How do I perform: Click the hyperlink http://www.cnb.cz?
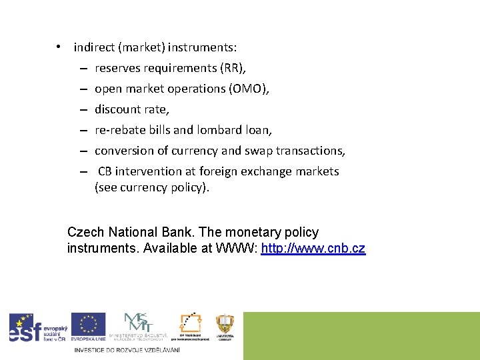pyautogui.click(x=313, y=249)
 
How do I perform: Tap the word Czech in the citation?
pyautogui.click(x=85, y=233)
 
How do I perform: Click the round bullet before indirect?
pyautogui.click(x=59, y=47)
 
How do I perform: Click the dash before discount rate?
pyautogui.click(x=87, y=109)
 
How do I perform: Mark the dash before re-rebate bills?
pyautogui.click(x=87, y=130)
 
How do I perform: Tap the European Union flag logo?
pyautogui.click(x=88, y=327)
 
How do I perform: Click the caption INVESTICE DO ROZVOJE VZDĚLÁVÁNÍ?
pyautogui.click(x=127, y=349)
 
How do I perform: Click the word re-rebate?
pyautogui.click(x=119, y=130)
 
